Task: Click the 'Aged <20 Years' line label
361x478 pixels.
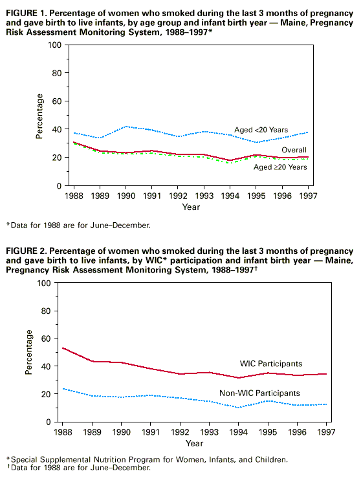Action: tap(261, 130)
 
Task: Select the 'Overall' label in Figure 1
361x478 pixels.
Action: tap(294, 150)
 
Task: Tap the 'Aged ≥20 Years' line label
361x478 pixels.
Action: tap(280, 167)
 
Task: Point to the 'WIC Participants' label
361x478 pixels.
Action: tap(271, 364)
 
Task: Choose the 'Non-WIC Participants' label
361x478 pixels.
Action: tap(259, 393)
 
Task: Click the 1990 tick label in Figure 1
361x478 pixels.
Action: tap(126, 196)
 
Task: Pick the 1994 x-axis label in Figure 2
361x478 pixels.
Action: tap(239, 432)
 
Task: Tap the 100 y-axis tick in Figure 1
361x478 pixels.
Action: tap(55, 45)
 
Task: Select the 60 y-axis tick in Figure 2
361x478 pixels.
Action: tap(46, 338)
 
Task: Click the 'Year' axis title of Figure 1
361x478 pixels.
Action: tap(191, 207)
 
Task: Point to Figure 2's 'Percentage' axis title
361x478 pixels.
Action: tap(28, 352)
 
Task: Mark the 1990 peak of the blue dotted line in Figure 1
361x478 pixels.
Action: tap(126, 126)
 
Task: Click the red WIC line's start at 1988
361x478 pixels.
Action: tap(63, 348)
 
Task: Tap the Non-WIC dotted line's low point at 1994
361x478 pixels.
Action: tap(239, 408)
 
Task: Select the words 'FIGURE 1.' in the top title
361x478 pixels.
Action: tap(27, 14)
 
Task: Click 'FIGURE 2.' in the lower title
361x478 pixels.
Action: tap(27, 251)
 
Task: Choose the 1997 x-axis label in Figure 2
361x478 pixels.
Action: tap(326, 432)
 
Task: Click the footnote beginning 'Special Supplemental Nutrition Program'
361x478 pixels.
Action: tap(147, 459)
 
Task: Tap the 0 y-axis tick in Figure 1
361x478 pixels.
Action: tap(60, 186)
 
